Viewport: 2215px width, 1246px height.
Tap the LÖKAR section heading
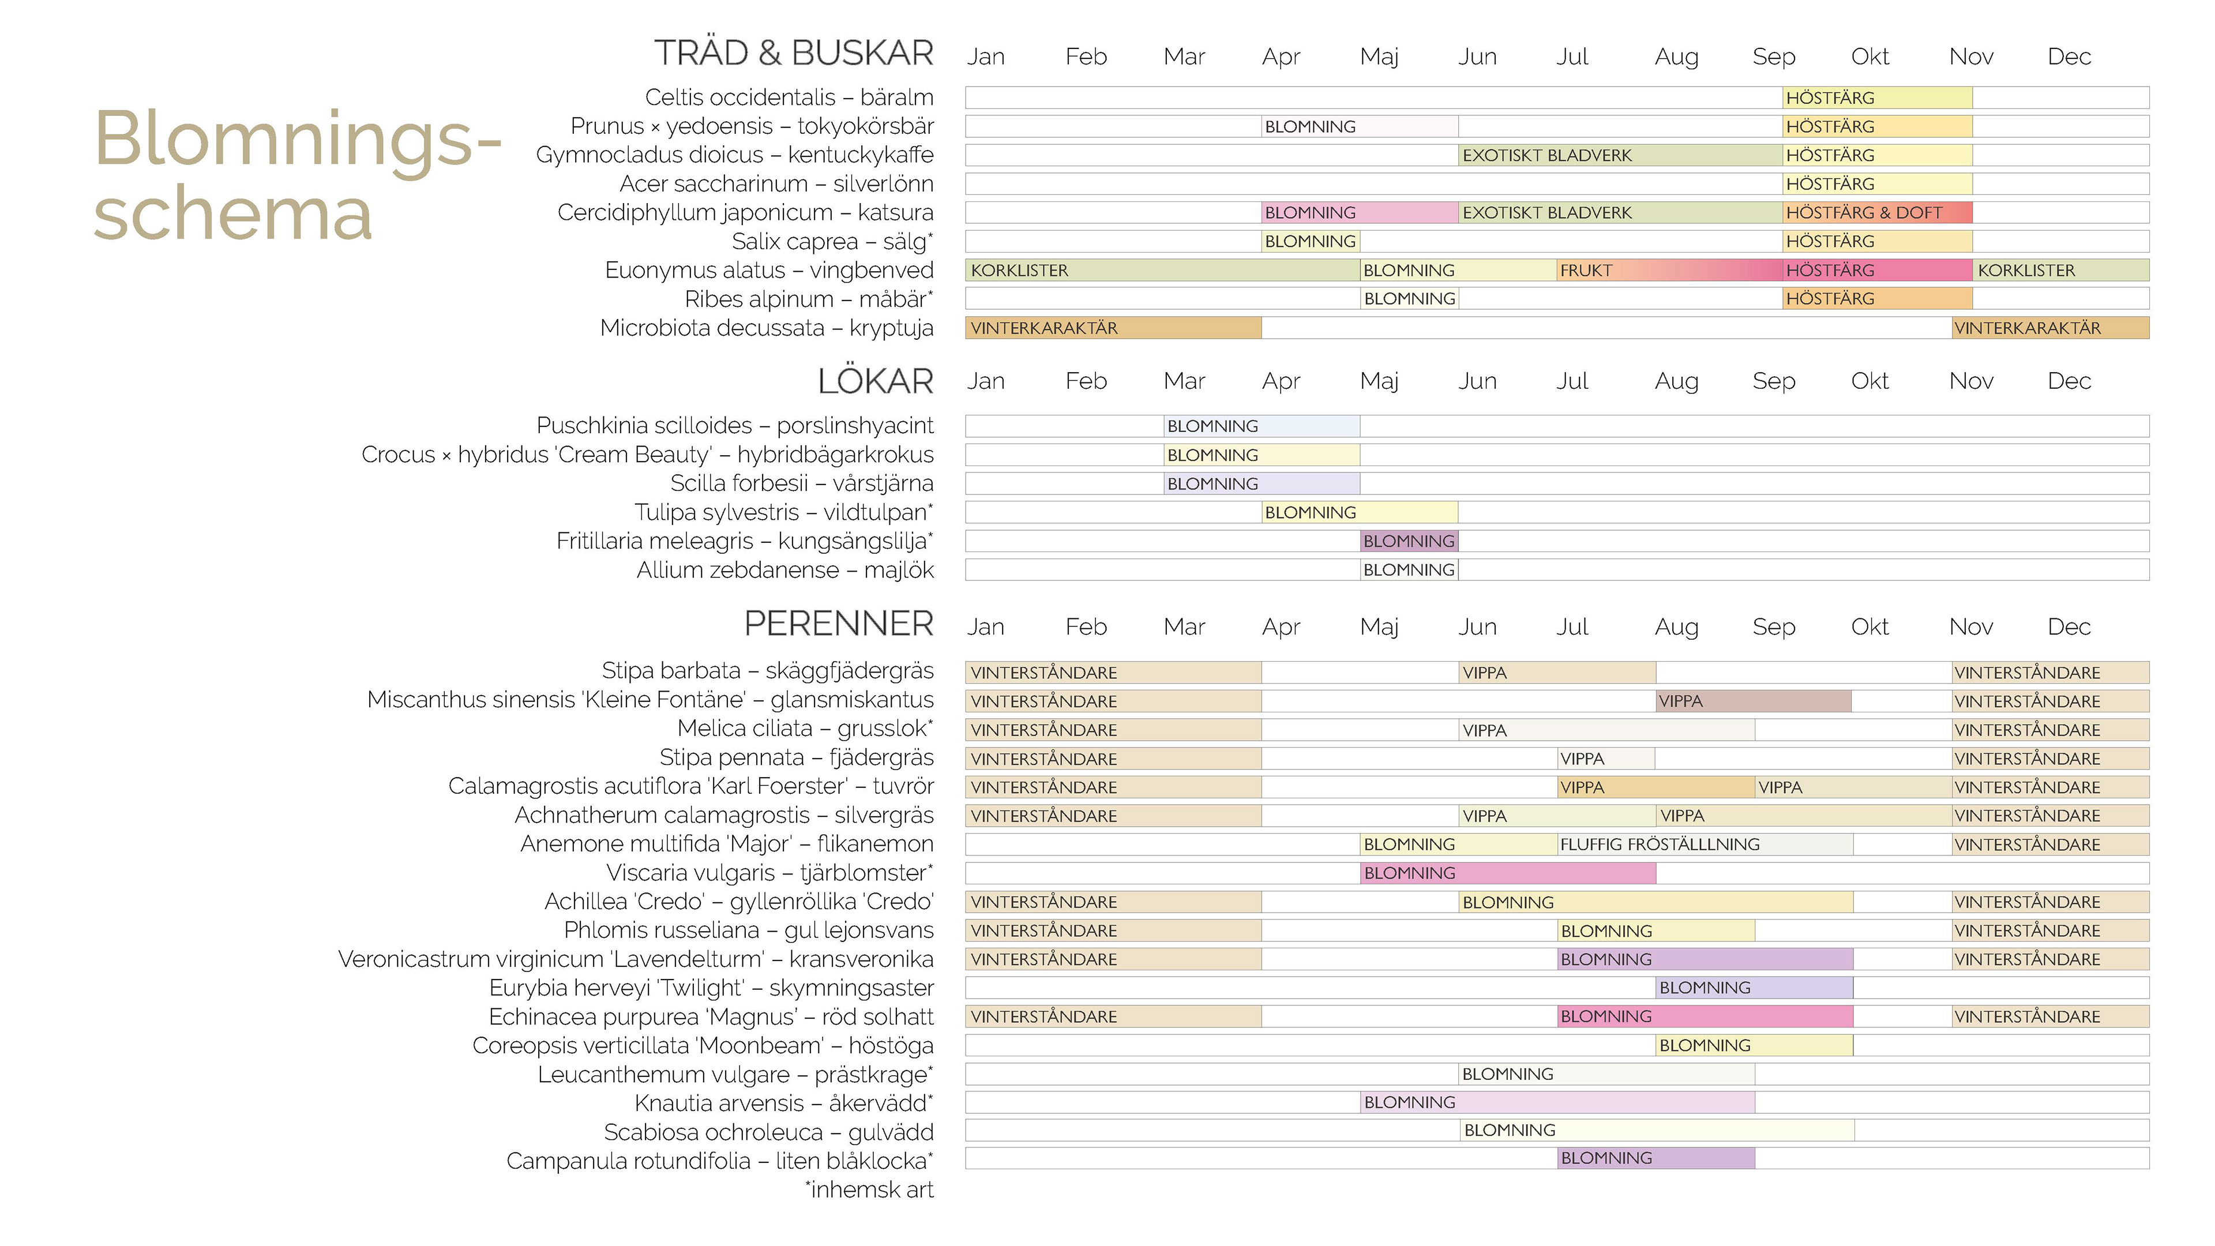pyautogui.click(x=874, y=381)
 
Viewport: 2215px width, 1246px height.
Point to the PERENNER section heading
pyautogui.click(x=838, y=624)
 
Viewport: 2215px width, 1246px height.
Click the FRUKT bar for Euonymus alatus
pyautogui.click(x=1668, y=270)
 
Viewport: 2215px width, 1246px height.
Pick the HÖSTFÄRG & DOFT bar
pyautogui.click(x=1876, y=212)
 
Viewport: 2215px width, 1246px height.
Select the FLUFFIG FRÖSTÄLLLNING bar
pyautogui.click(x=1705, y=845)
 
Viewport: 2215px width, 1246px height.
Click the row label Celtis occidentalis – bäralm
pyautogui.click(x=789, y=97)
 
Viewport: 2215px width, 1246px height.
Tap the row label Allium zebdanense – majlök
pyautogui.click(x=784, y=570)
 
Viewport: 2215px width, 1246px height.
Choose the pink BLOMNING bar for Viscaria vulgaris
pyautogui.click(x=1507, y=873)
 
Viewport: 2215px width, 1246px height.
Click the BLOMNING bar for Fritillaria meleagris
pyautogui.click(x=1409, y=541)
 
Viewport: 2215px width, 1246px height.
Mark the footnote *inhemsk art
pyautogui.click(x=869, y=1190)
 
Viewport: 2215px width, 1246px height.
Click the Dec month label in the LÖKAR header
pyautogui.click(x=2068, y=381)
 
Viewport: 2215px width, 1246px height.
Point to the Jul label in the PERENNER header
pyautogui.click(x=1572, y=627)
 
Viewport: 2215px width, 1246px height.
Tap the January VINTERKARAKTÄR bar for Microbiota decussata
pyautogui.click(x=1113, y=328)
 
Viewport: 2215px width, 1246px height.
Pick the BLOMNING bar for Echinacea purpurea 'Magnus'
pyautogui.click(x=1705, y=1016)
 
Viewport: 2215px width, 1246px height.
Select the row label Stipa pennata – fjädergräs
pyautogui.click(x=795, y=757)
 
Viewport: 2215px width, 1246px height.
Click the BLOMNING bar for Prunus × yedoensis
pyautogui.click(x=1360, y=126)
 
